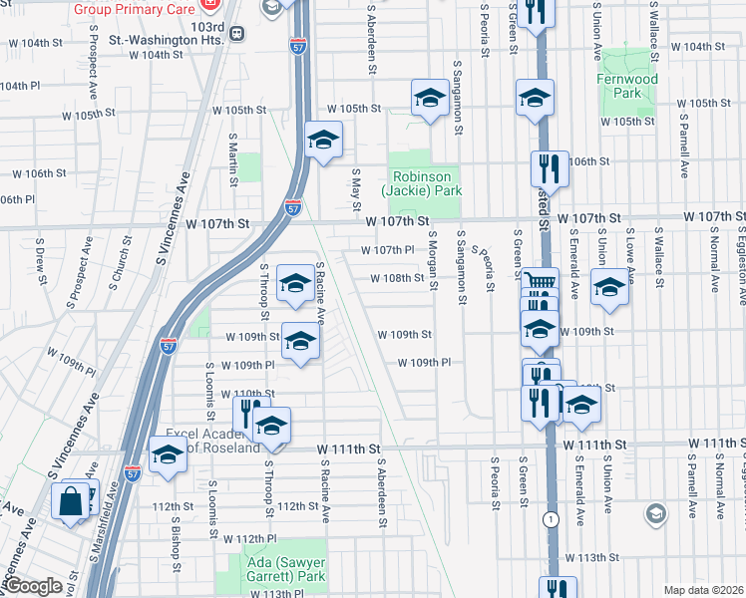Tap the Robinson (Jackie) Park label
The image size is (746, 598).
(422, 183)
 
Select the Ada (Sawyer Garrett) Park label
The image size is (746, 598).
(270, 569)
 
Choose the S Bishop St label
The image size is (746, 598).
(176, 534)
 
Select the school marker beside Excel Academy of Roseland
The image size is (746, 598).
(168, 455)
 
